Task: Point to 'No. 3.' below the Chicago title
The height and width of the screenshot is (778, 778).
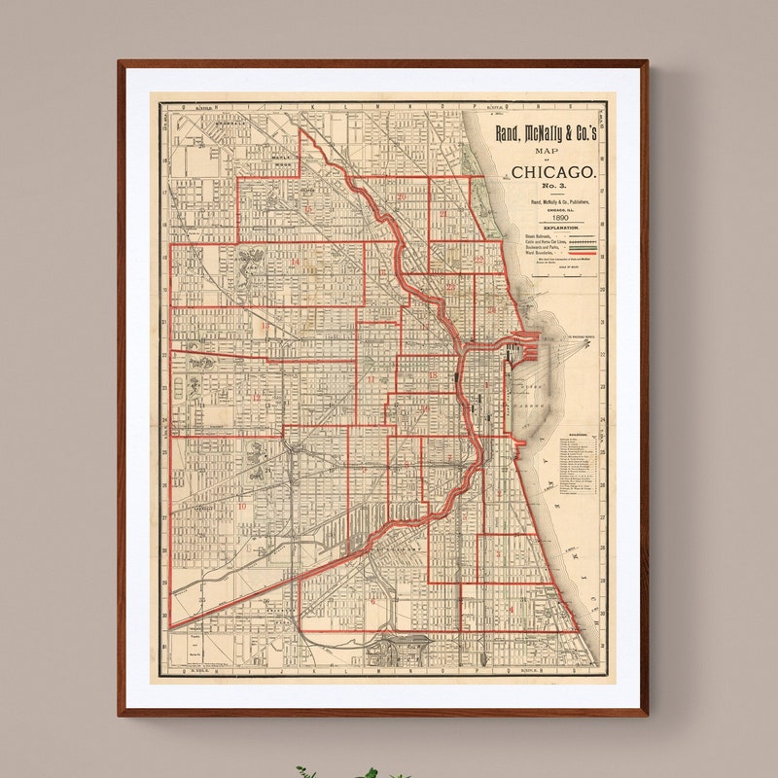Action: (553, 186)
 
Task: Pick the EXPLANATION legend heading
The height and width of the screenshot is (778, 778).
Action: (554, 228)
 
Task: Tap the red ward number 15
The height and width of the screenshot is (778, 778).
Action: (308, 209)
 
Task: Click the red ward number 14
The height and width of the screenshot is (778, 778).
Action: (295, 262)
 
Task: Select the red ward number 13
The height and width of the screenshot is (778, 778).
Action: (264, 329)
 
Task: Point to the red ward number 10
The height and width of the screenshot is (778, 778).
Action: (241, 506)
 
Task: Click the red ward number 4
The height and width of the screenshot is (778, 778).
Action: (512, 609)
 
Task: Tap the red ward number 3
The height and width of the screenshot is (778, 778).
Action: (499, 552)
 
